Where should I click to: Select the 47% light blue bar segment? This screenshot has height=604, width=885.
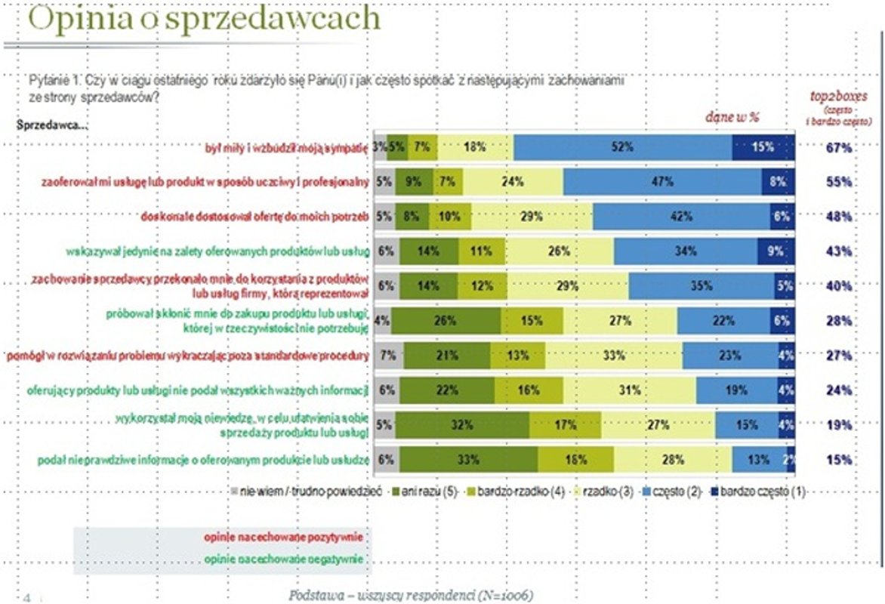coord(661,182)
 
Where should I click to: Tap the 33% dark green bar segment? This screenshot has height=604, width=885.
coord(468,459)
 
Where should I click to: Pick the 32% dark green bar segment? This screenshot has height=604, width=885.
coord(461,425)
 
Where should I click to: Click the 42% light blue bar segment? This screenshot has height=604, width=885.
coord(682,217)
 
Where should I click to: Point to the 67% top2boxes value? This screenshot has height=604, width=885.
coord(838,148)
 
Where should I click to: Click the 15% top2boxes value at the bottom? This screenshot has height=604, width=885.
coord(838,459)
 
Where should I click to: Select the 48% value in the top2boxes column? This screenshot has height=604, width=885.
coord(838,217)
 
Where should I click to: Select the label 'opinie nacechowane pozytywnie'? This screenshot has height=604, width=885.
coord(283,538)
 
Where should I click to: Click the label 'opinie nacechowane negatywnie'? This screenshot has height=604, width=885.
coord(283,559)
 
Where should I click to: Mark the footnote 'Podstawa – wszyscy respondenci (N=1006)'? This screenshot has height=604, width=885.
coord(411,595)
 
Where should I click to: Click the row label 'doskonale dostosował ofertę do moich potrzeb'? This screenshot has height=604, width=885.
coord(254,217)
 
